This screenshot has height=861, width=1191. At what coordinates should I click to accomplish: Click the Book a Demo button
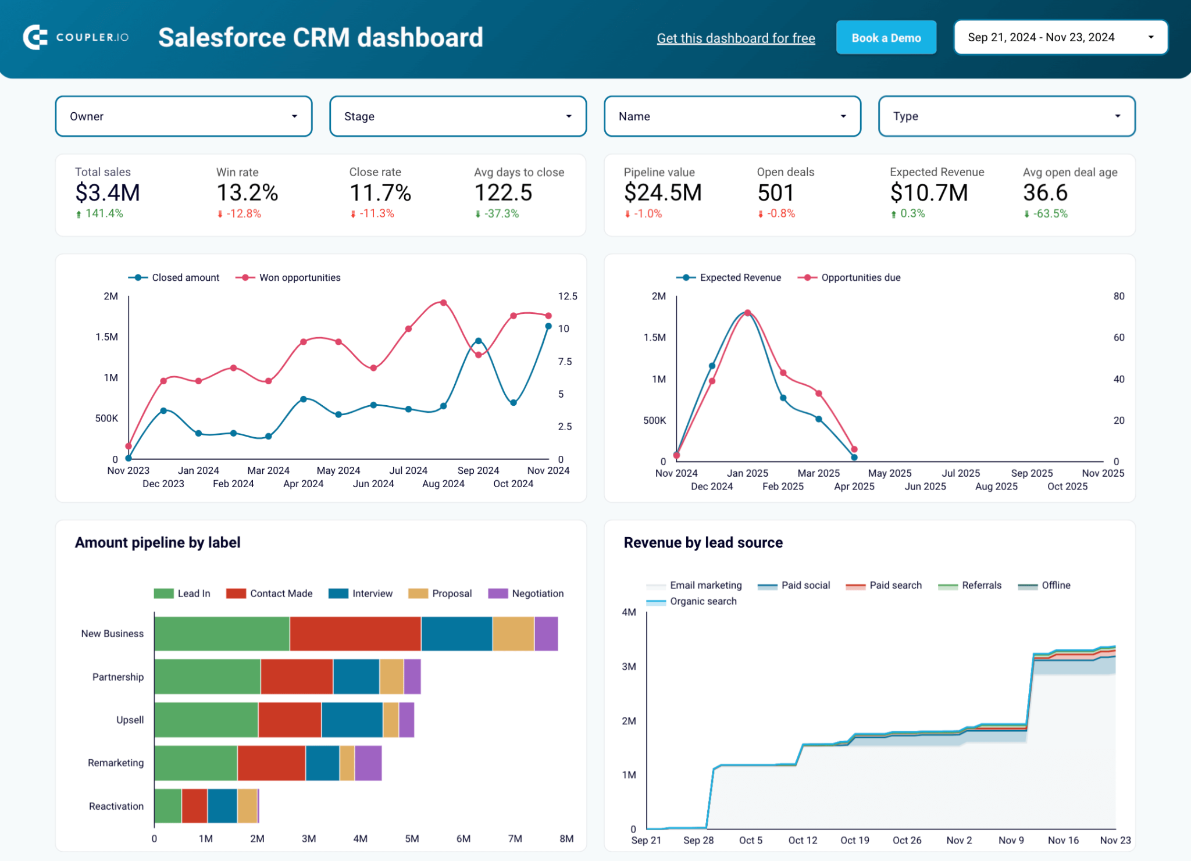pyautogui.click(x=886, y=38)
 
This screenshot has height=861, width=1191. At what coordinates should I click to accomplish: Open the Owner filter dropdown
pyautogui.click(x=183, y=116)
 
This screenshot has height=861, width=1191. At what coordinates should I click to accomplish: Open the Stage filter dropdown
pyautogui.click(x=458, y=116)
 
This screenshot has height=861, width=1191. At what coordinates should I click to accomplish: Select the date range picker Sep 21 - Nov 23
pyautogui.click(x=1060, y=37)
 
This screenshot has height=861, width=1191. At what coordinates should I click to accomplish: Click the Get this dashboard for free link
pyautogui.click(x=736, y=38)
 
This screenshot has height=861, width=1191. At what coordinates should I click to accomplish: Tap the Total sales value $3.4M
pyautogui.click(x=108, y=192)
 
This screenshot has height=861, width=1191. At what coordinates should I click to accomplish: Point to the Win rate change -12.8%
pyautogui.click(x=243, y=214)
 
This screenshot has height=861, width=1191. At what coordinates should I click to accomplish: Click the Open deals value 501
pyautogui.click(x=775, y=192)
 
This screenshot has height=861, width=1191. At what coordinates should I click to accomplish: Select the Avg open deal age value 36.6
pyautogui.click(x=1045, y=192)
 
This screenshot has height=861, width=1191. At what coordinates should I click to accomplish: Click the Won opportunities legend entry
pyautogui.click(x=299, y=277)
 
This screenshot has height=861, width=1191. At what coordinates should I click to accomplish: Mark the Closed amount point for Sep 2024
pyautogui.click(x=478, y=341)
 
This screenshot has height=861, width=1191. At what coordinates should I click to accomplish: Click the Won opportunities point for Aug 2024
pyautogui.click(x=443, y=303)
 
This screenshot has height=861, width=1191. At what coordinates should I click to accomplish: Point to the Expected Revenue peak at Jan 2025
pyautogui.click(x=747, y=313)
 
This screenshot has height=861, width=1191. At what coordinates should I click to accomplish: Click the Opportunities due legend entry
pyautogui.click(x=860, y=277)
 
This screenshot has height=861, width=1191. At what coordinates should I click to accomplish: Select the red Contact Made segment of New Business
pyautogui.click(x=355, y=634)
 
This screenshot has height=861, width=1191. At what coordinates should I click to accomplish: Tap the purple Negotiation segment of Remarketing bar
pyautogui.click(x=368, y=763)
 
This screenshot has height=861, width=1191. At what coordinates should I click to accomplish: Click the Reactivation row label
pyautogui.click(x=116, y=806)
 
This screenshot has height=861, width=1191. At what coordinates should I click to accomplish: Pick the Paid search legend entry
pyautogui.click(x=895, y=585)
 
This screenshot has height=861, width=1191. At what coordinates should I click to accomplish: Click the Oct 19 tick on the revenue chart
pyautogui.click(x=854, y=840)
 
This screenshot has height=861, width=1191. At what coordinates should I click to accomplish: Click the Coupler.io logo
pyautogui.click(x=76, y=37)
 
